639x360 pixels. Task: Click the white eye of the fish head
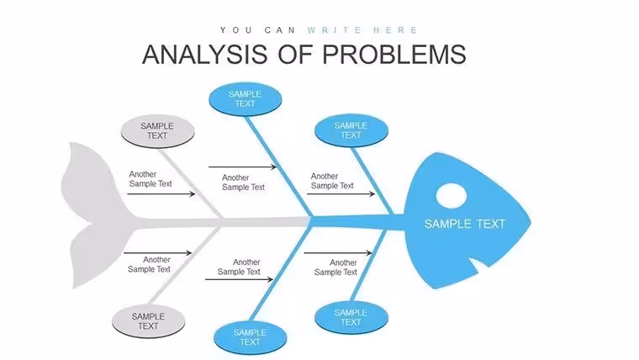[x=452, y=196]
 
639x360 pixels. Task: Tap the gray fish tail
[x=96, y=216]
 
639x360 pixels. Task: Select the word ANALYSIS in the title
[x=204, y=54]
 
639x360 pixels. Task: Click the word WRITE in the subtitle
[x=334, y=30]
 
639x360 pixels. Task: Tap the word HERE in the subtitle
[x=395, y=30]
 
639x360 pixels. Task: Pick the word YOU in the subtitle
[x=236, y=30]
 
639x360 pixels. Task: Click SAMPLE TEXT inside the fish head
[x=465, y=224]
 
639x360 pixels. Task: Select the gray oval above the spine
[x=158, y=131]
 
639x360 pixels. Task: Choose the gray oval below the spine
[x=148, y=321]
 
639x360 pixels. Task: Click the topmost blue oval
[x=245, y=99]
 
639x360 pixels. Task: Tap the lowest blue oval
[x=251, y=337]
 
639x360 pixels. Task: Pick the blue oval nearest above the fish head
[x=351, y=130]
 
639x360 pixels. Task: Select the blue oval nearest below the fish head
[x=351, y=317]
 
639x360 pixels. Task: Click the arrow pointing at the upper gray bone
[x=161, y=194]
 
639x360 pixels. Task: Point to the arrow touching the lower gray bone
[x=158, y=253]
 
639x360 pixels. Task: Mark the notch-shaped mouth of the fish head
[x=479, y=265]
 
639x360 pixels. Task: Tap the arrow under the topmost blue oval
[x=243, y=167]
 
